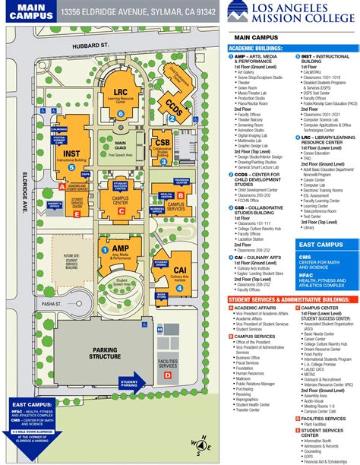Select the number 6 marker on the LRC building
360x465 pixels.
[x=121, y=114]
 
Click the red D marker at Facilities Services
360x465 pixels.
[x=169, y=376]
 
